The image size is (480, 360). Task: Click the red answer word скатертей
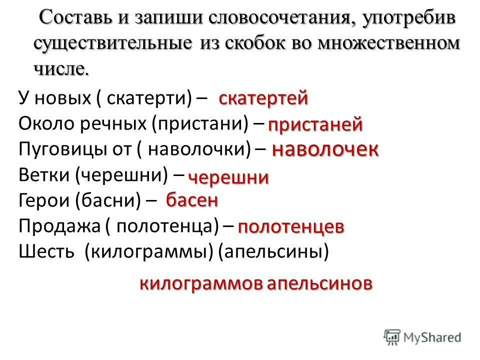(x=263, y=98)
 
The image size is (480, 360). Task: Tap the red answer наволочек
(x=325, y=149)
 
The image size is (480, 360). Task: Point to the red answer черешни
(x=228, y=177)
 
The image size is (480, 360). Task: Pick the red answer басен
(x=192, y=200)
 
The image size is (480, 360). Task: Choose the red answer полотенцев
(x=291, y=227)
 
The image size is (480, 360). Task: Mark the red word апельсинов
(x=319, y=284)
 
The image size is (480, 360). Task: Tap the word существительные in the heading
(x=112, y=43)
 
